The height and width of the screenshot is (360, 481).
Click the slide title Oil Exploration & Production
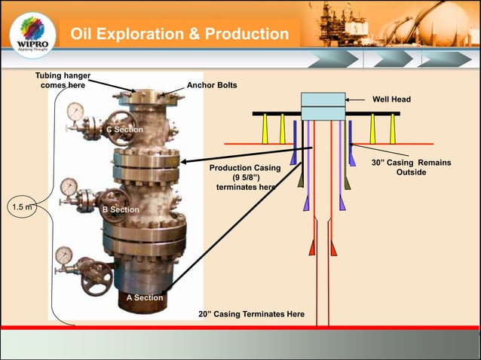tap(179, 35)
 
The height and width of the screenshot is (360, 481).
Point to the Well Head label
tap(392, 99)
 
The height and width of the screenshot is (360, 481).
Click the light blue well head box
tap(323, 106)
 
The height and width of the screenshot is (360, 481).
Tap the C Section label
tap(124, 130)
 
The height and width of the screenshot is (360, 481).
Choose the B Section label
tap(121, 209)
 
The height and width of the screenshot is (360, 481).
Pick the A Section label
tap(144, 297)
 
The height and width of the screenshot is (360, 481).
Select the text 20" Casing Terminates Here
tap(251, 313)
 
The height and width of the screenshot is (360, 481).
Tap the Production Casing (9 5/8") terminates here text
tap(245, 177)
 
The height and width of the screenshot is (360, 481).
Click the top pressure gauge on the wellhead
tap(75, 111)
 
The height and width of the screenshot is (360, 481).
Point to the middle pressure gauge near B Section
tap(69, 185)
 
